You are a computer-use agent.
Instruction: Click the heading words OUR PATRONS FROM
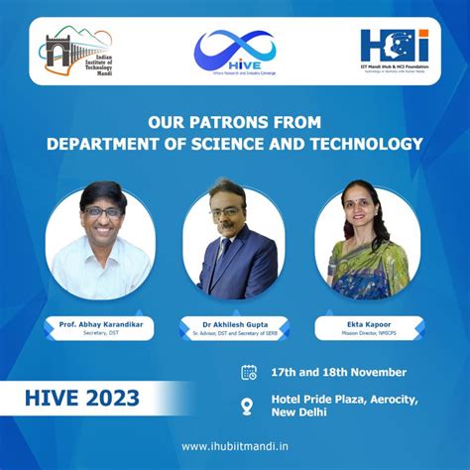point(234,123)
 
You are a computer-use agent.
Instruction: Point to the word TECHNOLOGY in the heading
point(367,144)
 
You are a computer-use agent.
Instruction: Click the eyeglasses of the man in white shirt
point(101,211)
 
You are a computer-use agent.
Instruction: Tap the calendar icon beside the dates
point(249,372)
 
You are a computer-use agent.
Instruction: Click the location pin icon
point(249,405)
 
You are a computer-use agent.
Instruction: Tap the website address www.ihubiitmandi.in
point(235,446)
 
